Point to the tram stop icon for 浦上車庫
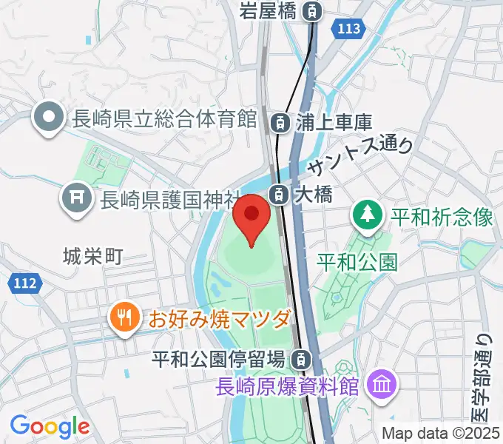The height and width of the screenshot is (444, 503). (280, 121)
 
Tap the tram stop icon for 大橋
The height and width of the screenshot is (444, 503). (279, 195)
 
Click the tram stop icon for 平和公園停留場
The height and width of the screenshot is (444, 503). (300, 360)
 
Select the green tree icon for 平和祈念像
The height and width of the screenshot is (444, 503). (366, 217)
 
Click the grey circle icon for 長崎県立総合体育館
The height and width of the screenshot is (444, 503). (50, 118)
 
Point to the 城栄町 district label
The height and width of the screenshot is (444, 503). (92, 256)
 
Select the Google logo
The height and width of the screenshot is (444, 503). (50, 425)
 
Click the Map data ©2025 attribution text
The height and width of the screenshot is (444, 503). (441, 434)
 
